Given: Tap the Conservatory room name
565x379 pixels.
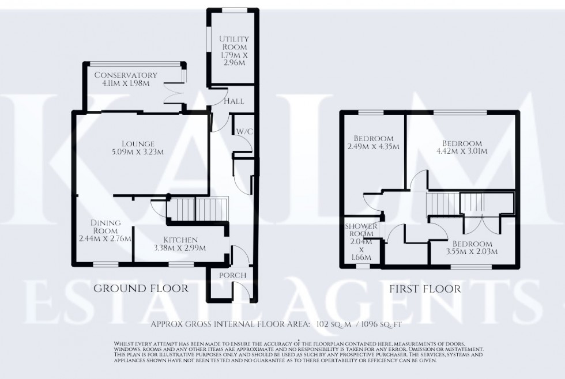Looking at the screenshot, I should [126, 75].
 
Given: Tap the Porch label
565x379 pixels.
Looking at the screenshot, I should [232, 275].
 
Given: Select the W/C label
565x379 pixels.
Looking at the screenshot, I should [243, 132].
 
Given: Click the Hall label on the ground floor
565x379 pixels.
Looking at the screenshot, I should [233, 101].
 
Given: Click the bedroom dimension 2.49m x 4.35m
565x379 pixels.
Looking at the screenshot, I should [374, 147].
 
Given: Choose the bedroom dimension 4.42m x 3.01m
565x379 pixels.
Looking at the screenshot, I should [462, 152].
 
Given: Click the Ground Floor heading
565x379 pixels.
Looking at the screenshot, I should [141, 289].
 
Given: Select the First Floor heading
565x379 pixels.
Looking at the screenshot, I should [424, 289].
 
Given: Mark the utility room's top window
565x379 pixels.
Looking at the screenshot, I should [232, 9].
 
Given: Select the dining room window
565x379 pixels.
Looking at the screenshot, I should [104, 265].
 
